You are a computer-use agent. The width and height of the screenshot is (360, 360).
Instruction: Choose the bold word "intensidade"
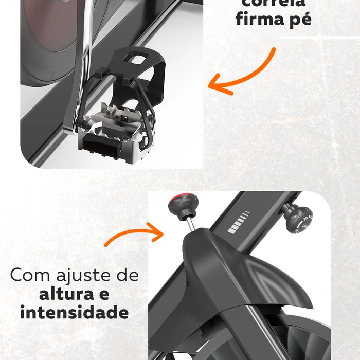(x=74, y=312)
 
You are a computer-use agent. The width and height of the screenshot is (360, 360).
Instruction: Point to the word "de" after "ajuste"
(x=128, y=275)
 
